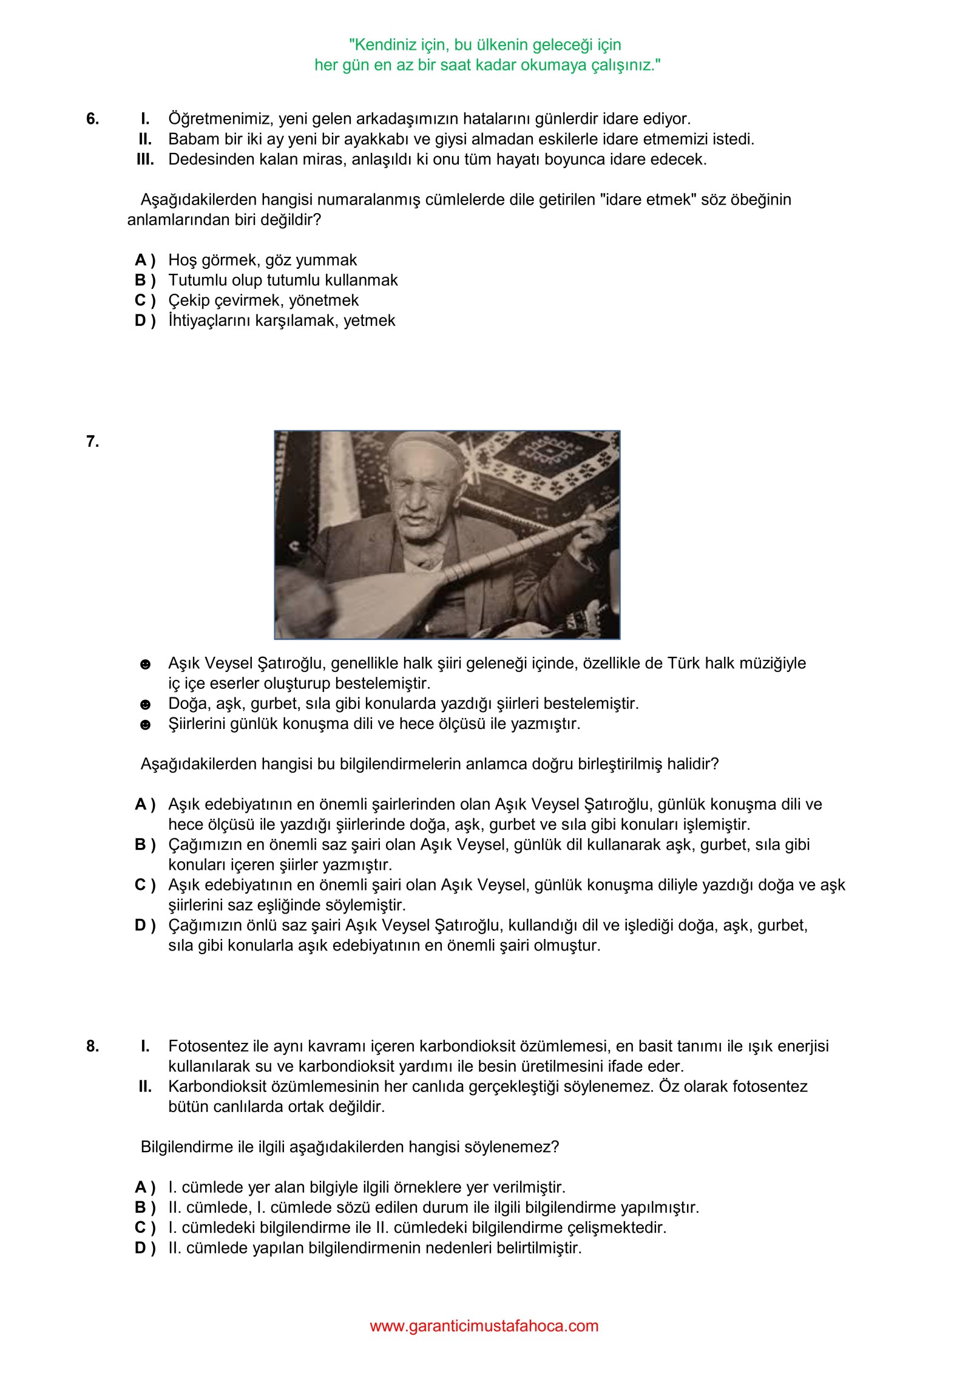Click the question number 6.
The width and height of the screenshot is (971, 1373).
92,119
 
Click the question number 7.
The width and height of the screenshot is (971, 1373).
92,442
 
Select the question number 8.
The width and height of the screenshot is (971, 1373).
92,1046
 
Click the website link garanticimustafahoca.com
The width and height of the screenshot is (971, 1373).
484,1326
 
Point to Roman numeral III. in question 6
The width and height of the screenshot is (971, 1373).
145,160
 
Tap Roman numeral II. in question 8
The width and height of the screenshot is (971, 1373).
145,1087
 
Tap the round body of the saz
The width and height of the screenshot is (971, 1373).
340,601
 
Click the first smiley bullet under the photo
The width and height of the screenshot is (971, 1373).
145,665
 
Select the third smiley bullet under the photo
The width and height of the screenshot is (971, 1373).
145,725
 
